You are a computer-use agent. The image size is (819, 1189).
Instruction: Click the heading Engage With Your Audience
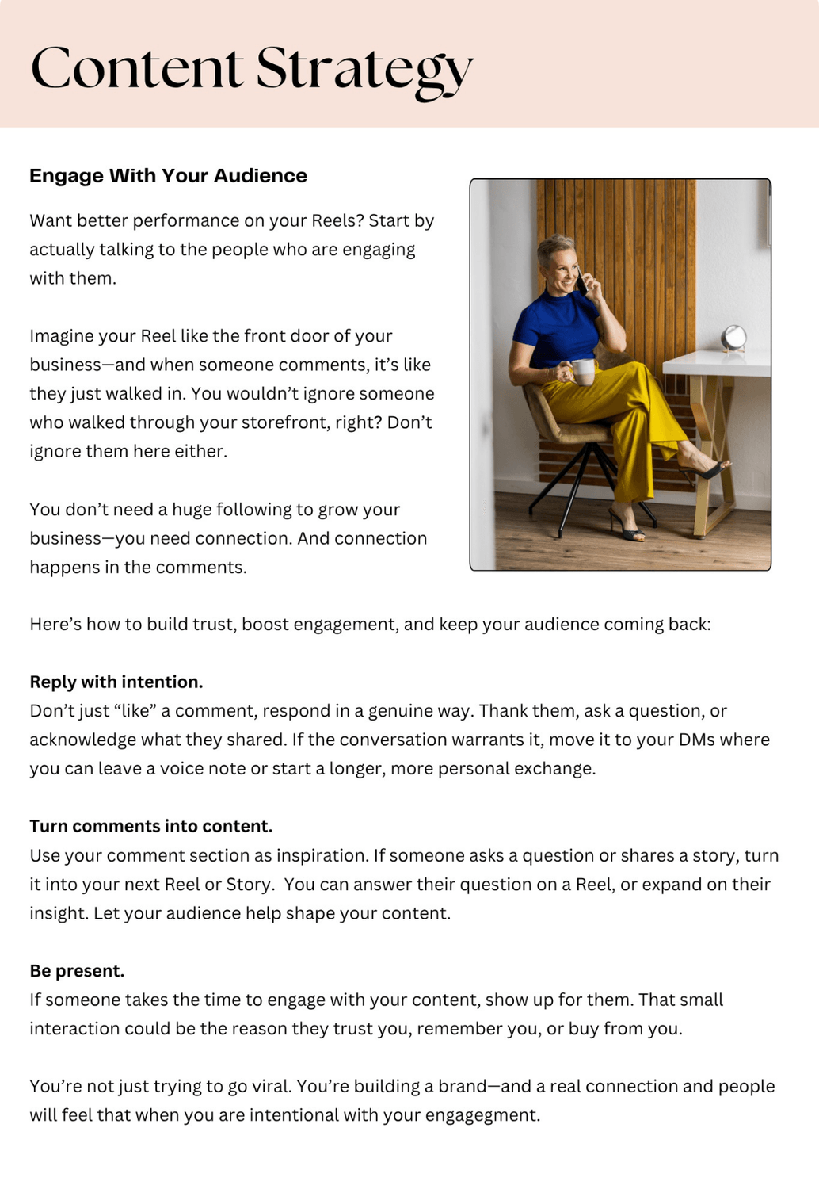(168, 175)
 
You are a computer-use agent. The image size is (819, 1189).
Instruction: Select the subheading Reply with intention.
(116, 682)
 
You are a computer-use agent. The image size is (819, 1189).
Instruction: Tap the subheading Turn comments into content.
(150, 826)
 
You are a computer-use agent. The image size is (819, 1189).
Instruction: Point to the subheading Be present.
(77, 971)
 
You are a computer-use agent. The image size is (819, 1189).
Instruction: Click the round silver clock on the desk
(733, 338)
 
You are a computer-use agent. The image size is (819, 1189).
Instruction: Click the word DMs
(697, 740)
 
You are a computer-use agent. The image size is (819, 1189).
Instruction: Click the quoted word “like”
(132, 711)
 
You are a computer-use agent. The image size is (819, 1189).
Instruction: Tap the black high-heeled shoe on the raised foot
(707, 471)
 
